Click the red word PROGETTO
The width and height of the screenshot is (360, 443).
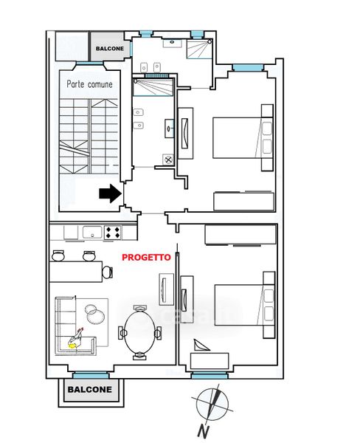point(146,258)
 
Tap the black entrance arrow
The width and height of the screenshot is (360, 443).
point(111,193)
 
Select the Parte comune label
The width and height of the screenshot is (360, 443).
point(89,84)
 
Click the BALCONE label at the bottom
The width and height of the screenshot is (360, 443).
point(90,389)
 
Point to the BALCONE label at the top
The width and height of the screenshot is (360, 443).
point(110,49)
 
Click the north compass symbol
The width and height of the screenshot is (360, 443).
point(212,403)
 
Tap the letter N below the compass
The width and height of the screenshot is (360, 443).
point(203,431)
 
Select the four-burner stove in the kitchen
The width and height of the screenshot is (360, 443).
point(113,233)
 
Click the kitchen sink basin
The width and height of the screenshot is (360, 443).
point(92,233)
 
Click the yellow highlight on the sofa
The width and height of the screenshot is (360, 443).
point(72,346)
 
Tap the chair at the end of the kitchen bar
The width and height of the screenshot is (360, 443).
point(107,272)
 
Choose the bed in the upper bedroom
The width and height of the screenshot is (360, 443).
point(243,137)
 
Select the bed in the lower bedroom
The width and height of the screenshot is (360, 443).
point(244,305)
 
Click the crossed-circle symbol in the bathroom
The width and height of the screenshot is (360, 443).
point(168,159)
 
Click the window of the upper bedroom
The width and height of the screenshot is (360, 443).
point(248,67)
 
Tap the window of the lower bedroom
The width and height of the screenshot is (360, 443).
point(210,376)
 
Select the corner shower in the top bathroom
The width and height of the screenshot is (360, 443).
point(199,49)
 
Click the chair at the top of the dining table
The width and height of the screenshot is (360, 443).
point(139,308)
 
